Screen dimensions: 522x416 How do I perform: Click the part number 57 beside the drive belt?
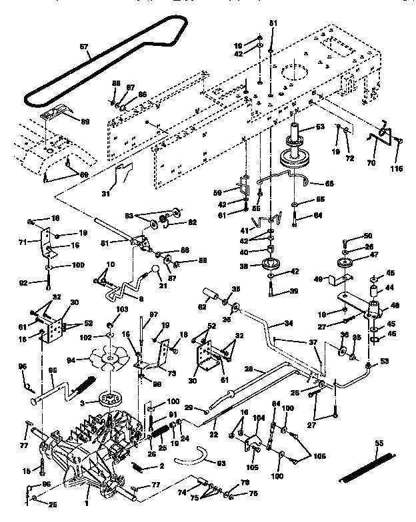(x=84, y=47)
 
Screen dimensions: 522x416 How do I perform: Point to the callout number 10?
(x=111, y=265)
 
